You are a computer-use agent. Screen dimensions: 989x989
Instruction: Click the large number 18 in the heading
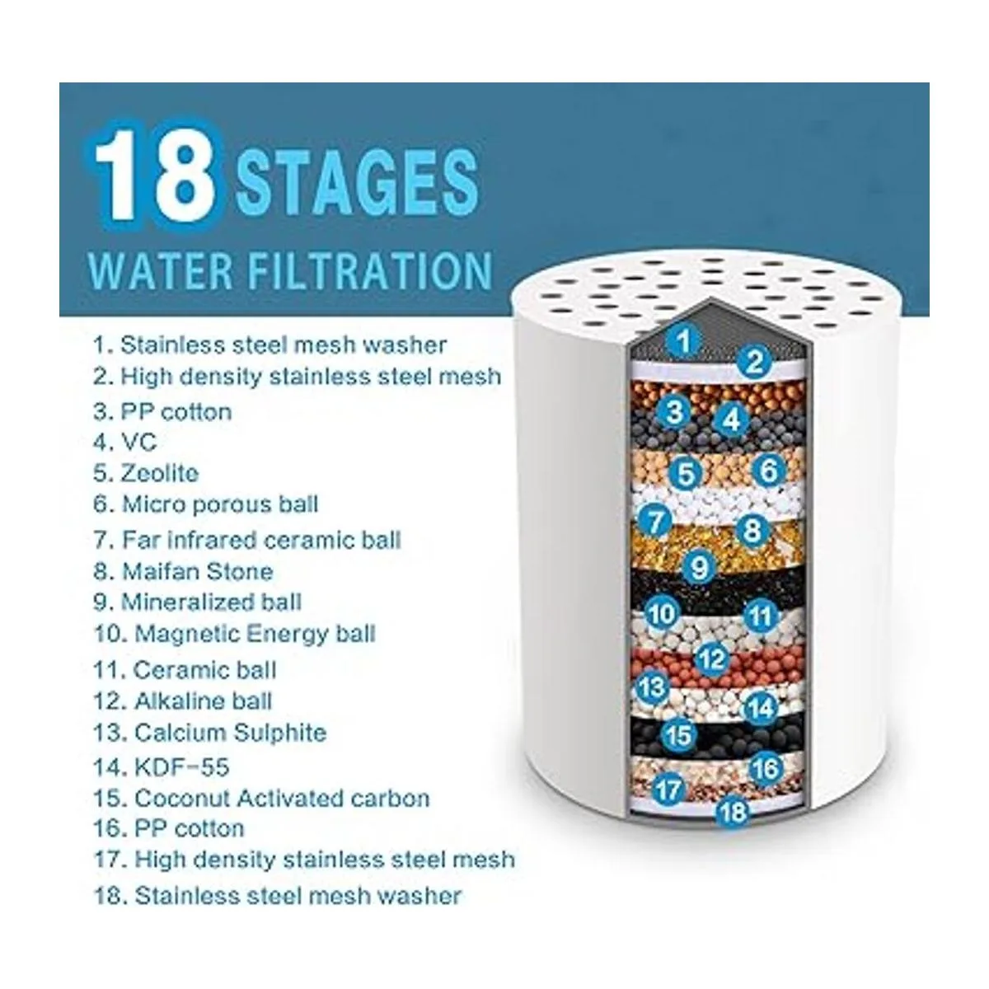coord(154,176)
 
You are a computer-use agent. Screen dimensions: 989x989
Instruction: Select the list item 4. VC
coord(124,443)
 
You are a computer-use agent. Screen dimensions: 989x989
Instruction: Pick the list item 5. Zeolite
coord(146,473)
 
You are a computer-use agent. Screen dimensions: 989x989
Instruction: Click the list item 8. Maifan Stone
coord(183,572)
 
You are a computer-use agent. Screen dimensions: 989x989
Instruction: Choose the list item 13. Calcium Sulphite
coord(210,733)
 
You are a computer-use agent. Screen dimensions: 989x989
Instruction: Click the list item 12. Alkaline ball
coord(182,701)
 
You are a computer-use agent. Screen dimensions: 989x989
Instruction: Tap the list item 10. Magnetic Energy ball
coord(235,635)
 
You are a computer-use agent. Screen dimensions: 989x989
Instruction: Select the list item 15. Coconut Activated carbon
coord(262,799)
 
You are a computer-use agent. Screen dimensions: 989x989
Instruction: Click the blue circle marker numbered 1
coord(683,341)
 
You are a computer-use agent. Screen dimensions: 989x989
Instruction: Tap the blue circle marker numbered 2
coord(754,362)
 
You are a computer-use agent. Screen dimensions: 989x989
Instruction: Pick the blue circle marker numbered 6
coord(768,470)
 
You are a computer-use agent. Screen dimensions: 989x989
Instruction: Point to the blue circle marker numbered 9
coord(699,568)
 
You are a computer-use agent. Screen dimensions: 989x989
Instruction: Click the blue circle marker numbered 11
coord(762,616)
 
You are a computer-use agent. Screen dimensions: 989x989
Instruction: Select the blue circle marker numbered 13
coord(652,687)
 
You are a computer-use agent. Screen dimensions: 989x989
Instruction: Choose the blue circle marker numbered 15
coord(679,735)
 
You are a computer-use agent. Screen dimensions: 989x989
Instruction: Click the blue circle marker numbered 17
coord(668,790)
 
